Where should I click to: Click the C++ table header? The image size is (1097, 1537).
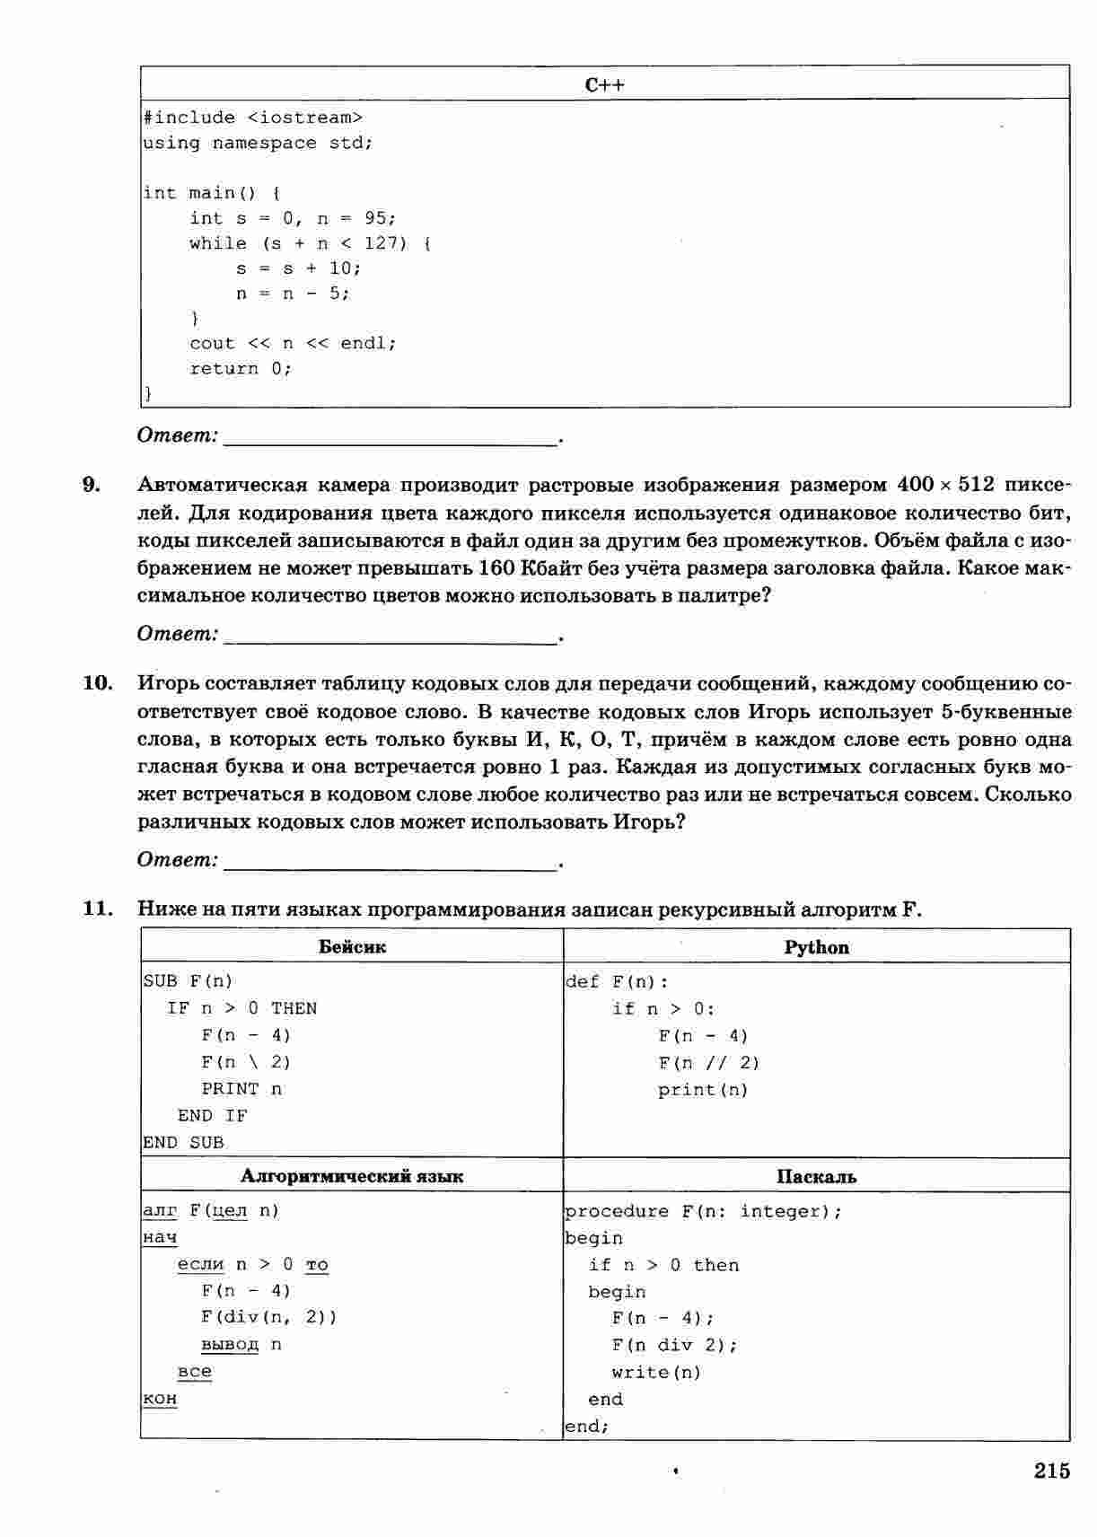click(x=604, y=84)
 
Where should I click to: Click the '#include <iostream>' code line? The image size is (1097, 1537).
click(x=253, y=118)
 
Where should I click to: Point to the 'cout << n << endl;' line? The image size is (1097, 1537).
click(x=293, y=344)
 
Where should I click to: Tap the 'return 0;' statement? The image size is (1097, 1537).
click(x=241, y=369)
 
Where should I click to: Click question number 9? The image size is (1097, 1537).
click(x=92, y=485)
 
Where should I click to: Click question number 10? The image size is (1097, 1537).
click(x=98, y=683)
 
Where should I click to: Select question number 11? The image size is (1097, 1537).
click(x=98, y=909)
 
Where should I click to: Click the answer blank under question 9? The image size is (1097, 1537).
click(x=390, y=636)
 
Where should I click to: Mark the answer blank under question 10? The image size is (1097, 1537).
click(x=390, y=862)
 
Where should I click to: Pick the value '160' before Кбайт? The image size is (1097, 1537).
click(x=496, y=568)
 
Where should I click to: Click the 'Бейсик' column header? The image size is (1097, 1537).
click(x=352, y=946)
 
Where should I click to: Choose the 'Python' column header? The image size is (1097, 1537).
click(x=816, y=947)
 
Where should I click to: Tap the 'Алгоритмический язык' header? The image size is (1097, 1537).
click(x=352, y=1176)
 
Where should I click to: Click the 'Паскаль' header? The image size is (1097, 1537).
click(x=816, y=1177)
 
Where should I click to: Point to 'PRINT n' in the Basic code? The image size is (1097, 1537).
click(x=241, y=1089)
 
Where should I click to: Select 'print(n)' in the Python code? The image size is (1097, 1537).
click(x=702, y=1090)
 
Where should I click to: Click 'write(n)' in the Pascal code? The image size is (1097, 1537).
click(x=656, y=1372)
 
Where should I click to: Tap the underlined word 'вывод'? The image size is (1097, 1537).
click(x=230, y=1344)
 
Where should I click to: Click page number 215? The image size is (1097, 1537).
click(x=1051, y=1471)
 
